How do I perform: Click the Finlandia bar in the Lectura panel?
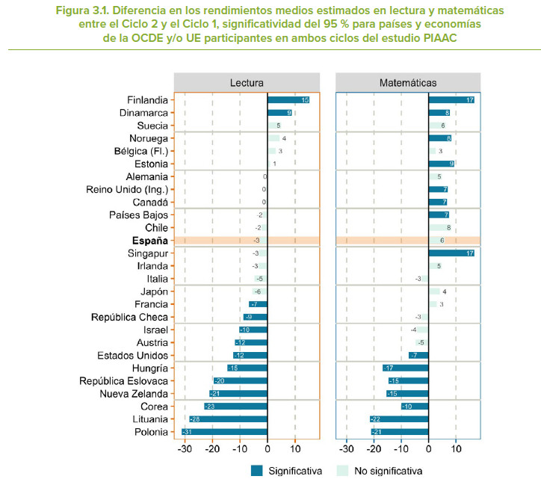[288, 100]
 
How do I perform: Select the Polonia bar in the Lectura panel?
[224, 432]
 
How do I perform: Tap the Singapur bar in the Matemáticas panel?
[451, 253]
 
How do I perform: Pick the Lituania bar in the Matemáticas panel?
[399, 419]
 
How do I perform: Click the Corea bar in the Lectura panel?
[235, 407]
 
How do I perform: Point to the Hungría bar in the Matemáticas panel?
[405, 368]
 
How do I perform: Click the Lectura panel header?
[247, 82]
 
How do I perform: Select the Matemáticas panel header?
[408, 82]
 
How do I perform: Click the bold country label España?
[152, 241]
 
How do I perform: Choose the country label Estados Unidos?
[132, 356]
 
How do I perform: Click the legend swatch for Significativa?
[257, 471]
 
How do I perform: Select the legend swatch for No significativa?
[343, 471]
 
